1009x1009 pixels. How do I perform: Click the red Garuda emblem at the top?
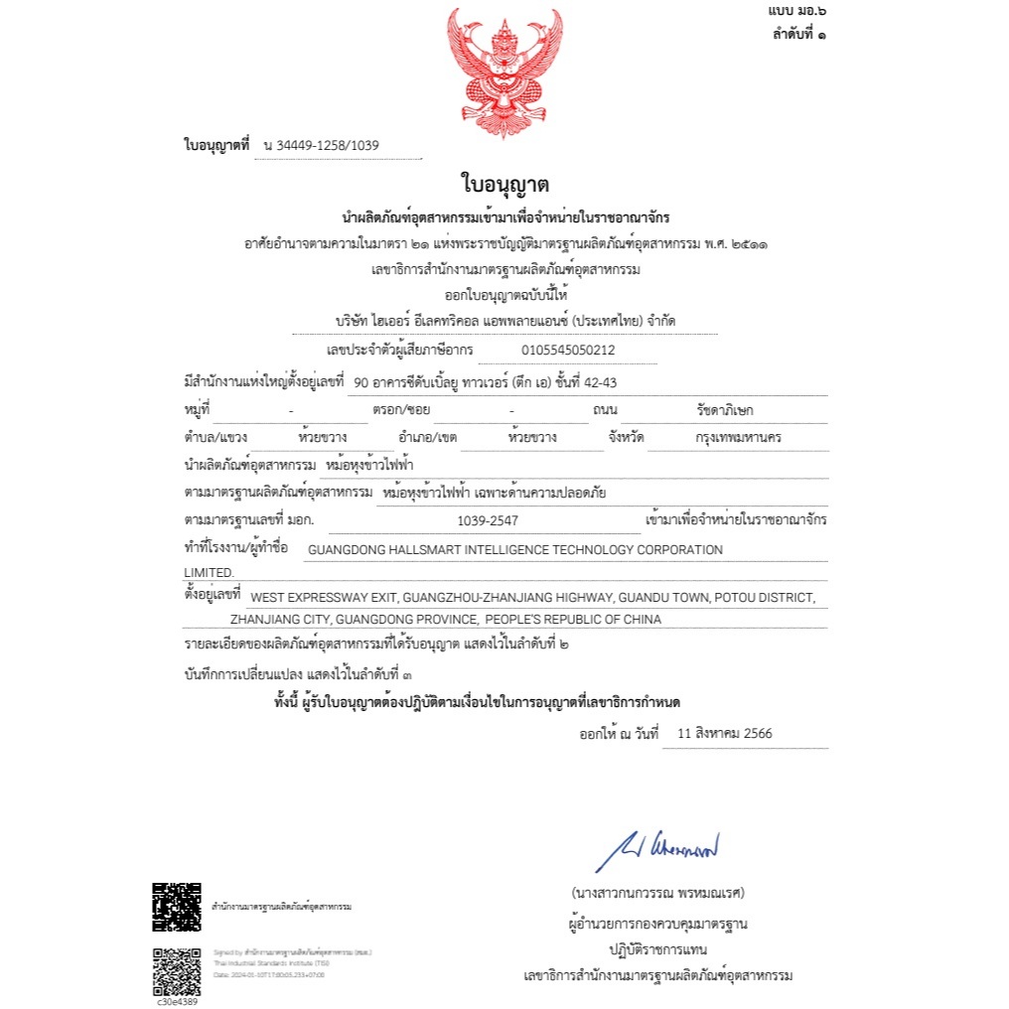tap(504, 74)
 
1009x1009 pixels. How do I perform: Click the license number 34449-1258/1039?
tap(327, 146)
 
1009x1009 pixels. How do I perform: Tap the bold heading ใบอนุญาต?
tap(504, 185)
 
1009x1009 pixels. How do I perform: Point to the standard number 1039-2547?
tap(488, 520)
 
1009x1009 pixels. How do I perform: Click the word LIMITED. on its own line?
tap(210, 573)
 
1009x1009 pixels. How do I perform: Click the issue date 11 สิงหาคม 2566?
tap(724, 735)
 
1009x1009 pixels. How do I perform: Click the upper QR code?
tap(176, 907)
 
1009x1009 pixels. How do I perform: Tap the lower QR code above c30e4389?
tap(176, 971)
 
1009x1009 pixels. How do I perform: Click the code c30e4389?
tap(176, 1001)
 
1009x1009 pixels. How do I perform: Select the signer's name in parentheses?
tap(657, 892)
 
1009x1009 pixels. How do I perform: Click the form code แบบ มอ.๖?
tap(797, 10)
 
